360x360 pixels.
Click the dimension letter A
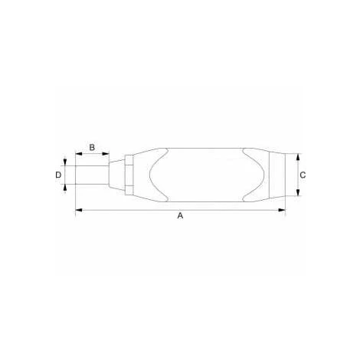click(x=180, y=216)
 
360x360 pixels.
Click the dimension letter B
click(x=92, y=147)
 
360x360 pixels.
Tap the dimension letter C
click(x=303, y=175)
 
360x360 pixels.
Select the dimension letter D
click(x=58, y=175)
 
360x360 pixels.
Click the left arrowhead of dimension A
click(x=79, y=210)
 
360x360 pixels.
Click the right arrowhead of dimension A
click(x=282, y=210)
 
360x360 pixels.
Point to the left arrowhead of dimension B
click(x=79, y=154)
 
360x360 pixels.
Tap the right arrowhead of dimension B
click(x=106, y=154)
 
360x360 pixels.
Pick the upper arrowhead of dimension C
click(x=298, y=157)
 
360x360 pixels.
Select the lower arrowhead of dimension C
click(x=298, y=192)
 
